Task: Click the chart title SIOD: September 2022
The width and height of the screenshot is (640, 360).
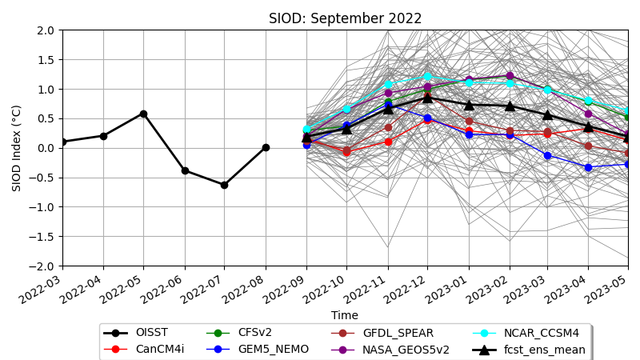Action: coord(345,18)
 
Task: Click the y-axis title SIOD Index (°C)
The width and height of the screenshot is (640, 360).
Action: coord(17,148)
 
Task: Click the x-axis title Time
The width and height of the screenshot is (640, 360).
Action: coord(345,315)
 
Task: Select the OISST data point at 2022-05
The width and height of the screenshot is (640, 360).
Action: coord(143,114)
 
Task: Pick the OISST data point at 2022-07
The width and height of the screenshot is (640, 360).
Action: coord(224,185)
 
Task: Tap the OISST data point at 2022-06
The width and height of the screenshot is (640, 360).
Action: coord(185,170)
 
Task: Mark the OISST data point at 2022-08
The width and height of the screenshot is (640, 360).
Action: coord(266,147)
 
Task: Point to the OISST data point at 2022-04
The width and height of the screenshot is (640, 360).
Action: coord(103,136)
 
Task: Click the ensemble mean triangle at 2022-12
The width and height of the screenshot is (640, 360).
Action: coord(427,97)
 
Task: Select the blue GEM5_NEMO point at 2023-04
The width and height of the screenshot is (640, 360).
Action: coord(588,167)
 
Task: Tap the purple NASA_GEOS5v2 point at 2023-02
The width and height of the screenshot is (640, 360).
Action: coord(510,76)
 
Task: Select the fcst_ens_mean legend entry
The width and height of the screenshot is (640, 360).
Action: coord(544,350)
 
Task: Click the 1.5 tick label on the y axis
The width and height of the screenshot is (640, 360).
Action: coord(46,60)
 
